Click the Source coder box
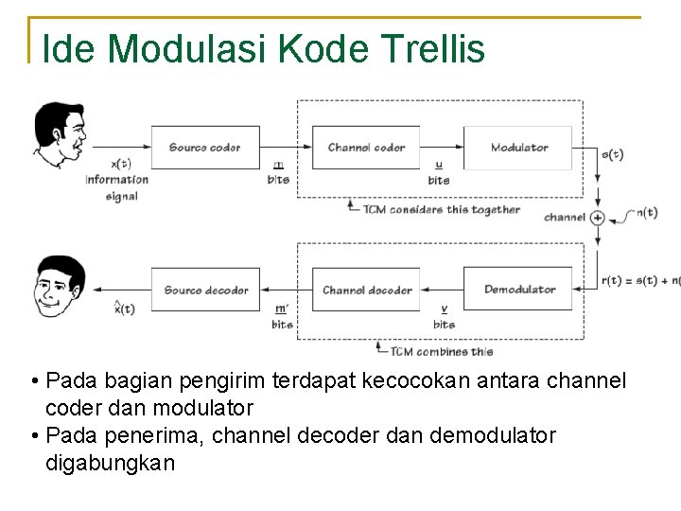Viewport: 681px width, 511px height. pyautogui.click(x=205, y=148)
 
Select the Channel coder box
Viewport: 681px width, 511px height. pyautogui.click(x=366, y=148)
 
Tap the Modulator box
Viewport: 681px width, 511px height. pyautogui.click(x=518, y=148)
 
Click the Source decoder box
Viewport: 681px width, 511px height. pyautogui.click(x=205, y=290)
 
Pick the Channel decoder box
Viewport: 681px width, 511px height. pyautogui.click(x=366, y=290)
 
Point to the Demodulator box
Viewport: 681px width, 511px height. pyautogui.click(x=518, y=290)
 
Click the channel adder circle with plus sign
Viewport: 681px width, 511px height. pyautogui.click(x=598, y=218)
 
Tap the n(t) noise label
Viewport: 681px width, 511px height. pyautogui.click(x=646, y=212)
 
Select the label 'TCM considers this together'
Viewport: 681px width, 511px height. pyautogui.click(x=441, y=209)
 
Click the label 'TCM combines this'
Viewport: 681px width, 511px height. pyautogui.click(x=442, y=351)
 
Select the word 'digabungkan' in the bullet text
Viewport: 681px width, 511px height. pyautogui.click(x=110, y=464)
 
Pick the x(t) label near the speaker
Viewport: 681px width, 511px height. pyautogui.click(x=121, y=164)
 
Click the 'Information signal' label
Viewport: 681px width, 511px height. pyautogui.click(x=117, y=187)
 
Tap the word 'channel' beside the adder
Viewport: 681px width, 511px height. pyautogui.click(x=565, y=218)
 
